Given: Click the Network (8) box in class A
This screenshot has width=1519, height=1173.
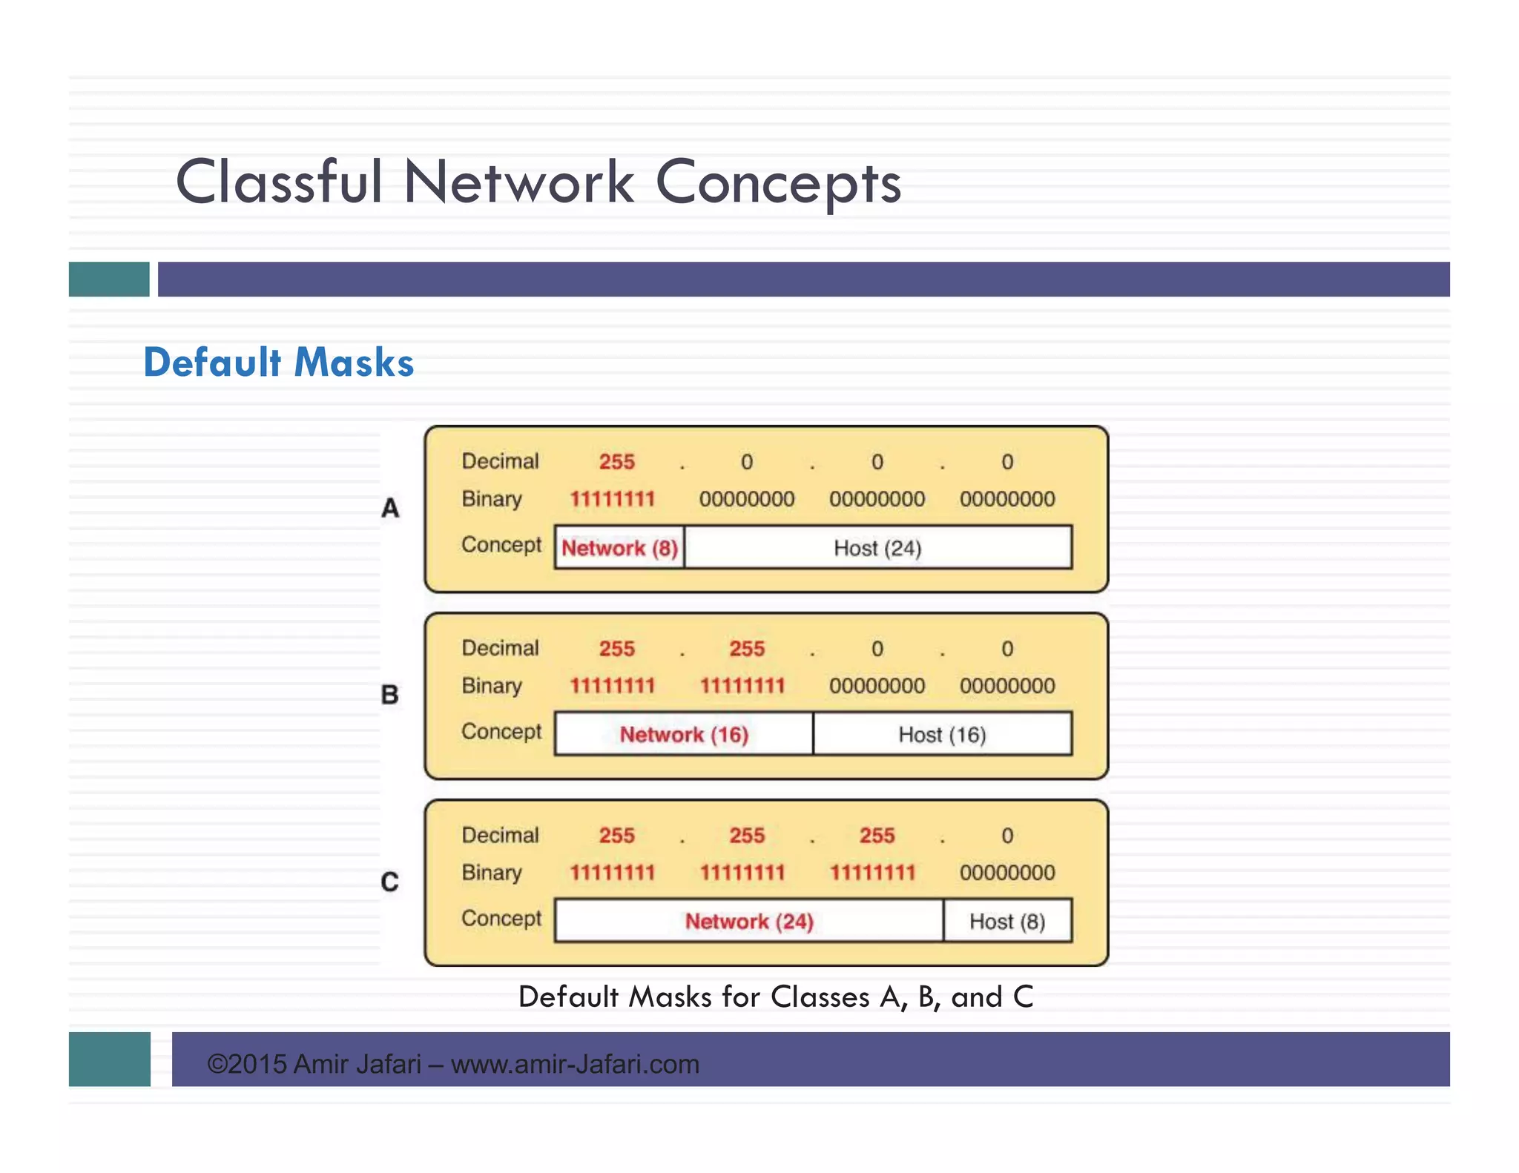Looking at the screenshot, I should (619, 548).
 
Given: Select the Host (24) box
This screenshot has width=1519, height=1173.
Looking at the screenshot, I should (877, 548).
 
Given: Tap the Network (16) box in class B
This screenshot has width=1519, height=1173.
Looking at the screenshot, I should (684, 734).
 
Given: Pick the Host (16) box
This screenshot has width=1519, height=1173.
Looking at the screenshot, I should (942, 734).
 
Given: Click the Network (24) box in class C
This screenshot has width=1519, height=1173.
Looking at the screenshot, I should (749, 921).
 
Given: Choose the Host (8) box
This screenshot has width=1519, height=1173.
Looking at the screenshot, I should (1007, 921).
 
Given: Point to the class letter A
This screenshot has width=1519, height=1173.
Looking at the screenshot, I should (390, 509).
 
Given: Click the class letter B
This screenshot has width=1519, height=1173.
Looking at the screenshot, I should (390, 695).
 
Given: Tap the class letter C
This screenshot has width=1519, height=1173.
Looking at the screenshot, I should (390, 882).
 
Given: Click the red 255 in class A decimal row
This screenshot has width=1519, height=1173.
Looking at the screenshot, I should (617, 462).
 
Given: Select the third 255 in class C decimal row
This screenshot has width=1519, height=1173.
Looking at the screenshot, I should (877, 836).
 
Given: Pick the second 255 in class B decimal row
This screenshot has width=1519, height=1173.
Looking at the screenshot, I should (747, 649).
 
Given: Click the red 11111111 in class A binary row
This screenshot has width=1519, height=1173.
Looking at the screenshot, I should (613, 499).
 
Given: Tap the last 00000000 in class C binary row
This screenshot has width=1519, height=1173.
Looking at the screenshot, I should (1007, 873).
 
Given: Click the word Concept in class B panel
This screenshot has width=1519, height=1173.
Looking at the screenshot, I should (501, 732).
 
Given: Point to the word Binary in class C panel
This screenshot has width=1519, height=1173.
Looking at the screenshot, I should (492, 873).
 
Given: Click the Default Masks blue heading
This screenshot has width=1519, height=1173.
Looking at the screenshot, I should (279, 363).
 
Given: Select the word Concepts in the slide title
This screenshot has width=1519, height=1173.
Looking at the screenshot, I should (779, 182).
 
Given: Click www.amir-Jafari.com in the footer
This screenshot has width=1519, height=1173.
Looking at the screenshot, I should (576, 1064).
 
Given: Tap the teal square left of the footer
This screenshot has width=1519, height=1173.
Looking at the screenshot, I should (110, 1059).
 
